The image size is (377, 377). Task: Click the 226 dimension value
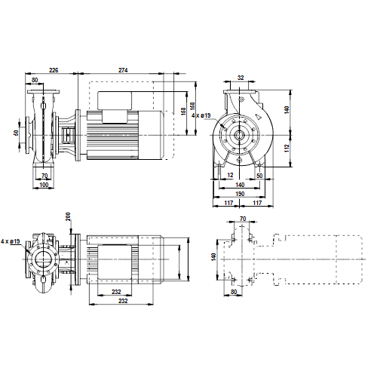point(54,70)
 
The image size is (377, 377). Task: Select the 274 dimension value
point(123,70)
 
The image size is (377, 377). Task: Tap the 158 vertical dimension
point(183,112)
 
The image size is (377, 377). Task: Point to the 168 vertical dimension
point(192,106)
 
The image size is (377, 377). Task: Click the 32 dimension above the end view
point(241,78)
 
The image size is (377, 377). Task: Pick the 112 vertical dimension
point(287,148)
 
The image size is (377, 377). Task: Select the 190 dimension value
point(240,194)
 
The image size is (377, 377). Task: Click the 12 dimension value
point(230,175)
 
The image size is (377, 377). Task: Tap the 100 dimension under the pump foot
point(44,185)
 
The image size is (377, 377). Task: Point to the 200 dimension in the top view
point(68,216)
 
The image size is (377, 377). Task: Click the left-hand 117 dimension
point(228,203)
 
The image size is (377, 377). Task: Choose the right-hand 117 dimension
point(257,203)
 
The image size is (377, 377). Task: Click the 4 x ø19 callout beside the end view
point(201,115)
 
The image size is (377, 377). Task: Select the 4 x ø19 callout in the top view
point(11,241)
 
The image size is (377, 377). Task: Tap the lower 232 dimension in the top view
point(123,301)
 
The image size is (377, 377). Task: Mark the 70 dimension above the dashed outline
point(243,219)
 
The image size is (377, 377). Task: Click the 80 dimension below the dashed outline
point(234,292)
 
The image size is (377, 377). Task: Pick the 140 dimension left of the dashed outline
point(213,257)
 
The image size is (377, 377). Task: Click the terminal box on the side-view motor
point(115,101)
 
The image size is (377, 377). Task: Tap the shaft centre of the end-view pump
point(240,135)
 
